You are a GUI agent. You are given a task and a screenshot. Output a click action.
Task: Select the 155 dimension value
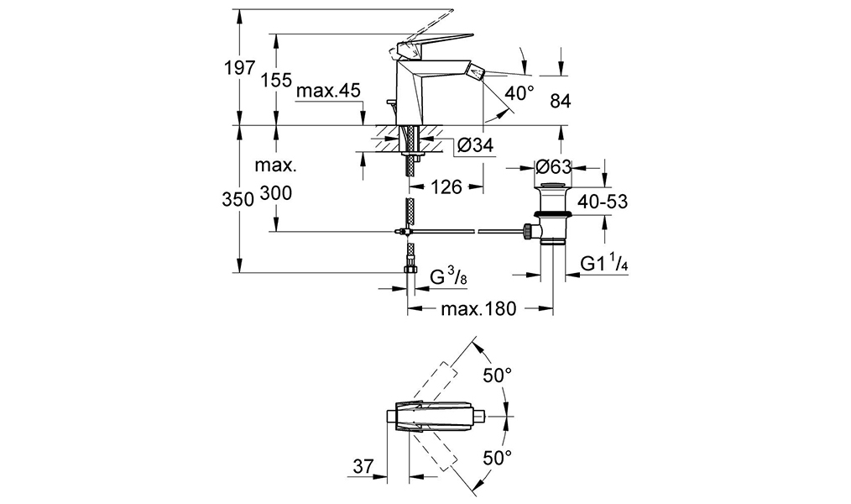[x=276, y=81]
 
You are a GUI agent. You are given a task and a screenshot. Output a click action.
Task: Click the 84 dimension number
[x=561, y=102]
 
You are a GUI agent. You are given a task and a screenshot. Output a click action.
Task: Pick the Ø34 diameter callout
[x=475, y=146]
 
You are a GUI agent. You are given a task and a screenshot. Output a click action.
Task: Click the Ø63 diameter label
[x=554, y=166]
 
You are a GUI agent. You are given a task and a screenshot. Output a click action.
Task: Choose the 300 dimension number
[x=276, y=193]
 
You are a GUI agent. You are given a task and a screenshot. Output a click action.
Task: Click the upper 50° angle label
[x=497, y=375]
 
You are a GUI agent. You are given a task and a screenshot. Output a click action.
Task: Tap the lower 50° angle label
[x=497, y=458]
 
